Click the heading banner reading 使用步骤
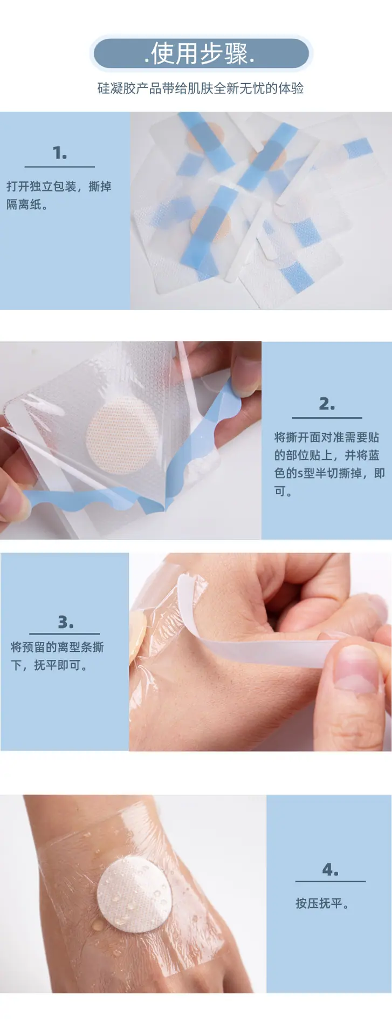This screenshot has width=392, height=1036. (x=201, y=54)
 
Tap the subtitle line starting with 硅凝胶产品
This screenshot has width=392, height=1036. (x=201, y=88)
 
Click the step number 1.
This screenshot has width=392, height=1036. (x=60, y=153)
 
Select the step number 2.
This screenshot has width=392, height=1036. (x=327, y=404)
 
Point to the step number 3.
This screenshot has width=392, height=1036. (x=65, y=622)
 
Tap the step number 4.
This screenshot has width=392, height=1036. (x=331, y=869)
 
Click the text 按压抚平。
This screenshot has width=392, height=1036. (x=322, y=903)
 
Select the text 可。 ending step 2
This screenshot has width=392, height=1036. (x=283, y=491)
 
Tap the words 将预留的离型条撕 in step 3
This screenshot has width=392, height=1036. (x=57, y=647)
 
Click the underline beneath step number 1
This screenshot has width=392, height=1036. (x=60, y=167)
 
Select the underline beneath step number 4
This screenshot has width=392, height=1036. (x=331, y=881)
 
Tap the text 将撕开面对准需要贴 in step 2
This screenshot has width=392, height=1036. (x=327, y=437)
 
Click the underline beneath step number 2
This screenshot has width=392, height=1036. (x=327, y=417)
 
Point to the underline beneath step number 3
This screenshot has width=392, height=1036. (x=65, y=633)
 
